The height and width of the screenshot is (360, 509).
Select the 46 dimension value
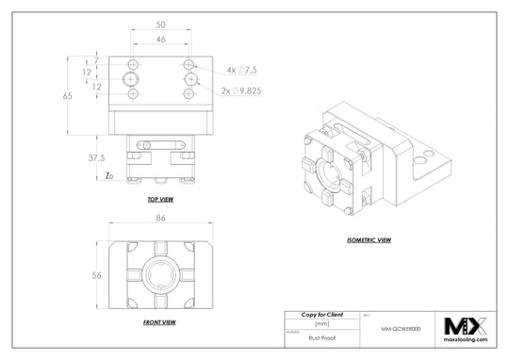161,40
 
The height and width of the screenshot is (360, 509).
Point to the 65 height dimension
67,96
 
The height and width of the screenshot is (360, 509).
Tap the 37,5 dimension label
94,157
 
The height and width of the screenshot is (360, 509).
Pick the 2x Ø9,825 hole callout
249,91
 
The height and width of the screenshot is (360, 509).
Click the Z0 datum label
110,176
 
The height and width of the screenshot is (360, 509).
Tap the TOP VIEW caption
160,201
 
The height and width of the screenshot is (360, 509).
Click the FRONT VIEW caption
160,322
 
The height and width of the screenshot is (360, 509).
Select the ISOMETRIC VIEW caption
370,240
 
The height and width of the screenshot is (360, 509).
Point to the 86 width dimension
161,219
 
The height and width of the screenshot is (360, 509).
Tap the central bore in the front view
161,274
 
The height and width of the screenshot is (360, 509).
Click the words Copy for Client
320,313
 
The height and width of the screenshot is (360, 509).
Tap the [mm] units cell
320,322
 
